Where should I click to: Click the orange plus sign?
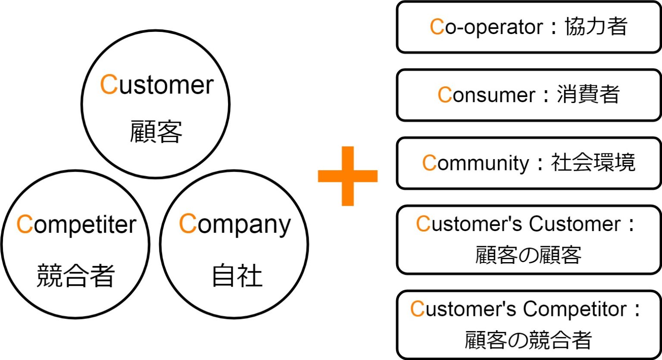point(347,176)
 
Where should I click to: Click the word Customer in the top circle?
point(157,85)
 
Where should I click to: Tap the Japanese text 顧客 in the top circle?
point(156,131)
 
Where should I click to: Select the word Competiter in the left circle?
point(76,225)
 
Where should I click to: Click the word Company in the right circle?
point(235,225)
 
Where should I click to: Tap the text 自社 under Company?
point(237,276)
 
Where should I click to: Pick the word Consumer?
point(486,95)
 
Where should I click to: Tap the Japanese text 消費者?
point(588,95)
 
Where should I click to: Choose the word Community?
point(475,163)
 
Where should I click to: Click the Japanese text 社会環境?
point(593,163)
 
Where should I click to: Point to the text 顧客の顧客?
point(528,255)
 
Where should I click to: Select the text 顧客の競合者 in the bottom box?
point(528,340)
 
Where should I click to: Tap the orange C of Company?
point(187,224)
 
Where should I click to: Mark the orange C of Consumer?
point(444,95)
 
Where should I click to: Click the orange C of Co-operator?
point(437,27)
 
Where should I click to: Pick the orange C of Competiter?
point(25,225)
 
